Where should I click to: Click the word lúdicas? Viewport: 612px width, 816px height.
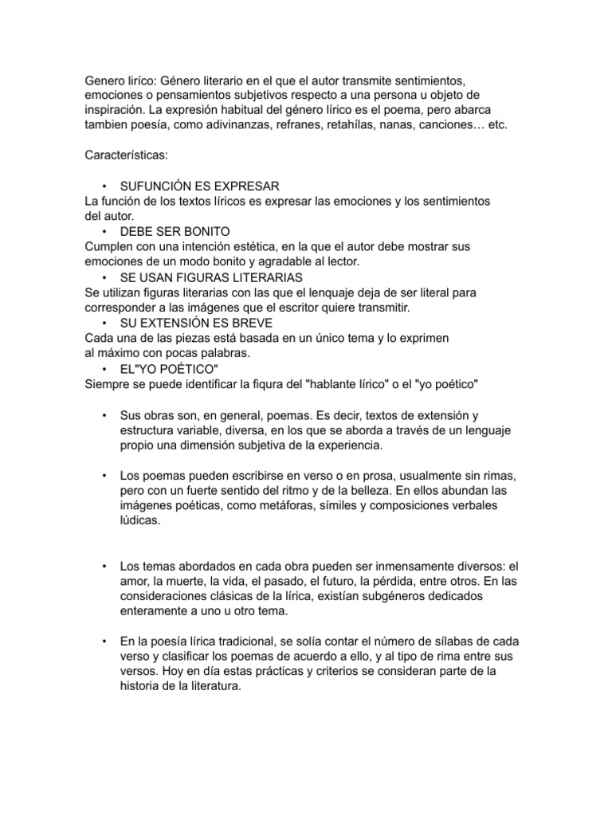click(x=139, y=520)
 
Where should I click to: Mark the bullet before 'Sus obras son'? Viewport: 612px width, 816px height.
click(x=104, y=415)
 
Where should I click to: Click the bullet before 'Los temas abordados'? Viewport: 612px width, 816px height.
click(x=104, y=566)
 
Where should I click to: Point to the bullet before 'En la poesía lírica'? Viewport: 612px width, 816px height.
click(x=104, y=641)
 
